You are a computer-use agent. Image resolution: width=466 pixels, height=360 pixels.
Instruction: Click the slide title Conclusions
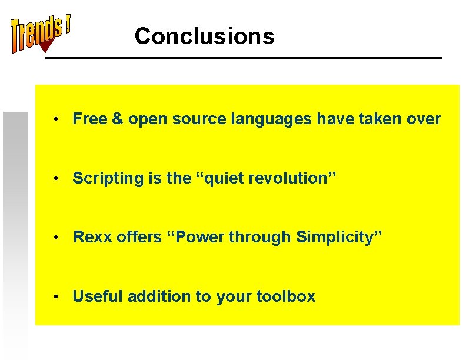tap(204, 36)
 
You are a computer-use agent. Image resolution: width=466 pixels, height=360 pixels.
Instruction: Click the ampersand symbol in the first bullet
tap(118, 119)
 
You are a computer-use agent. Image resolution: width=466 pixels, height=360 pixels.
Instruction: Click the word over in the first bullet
tap(424, 119)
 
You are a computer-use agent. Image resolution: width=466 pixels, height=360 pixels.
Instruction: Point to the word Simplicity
tap(338, 237)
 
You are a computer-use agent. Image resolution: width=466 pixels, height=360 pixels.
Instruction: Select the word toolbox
tap(286, 296)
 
